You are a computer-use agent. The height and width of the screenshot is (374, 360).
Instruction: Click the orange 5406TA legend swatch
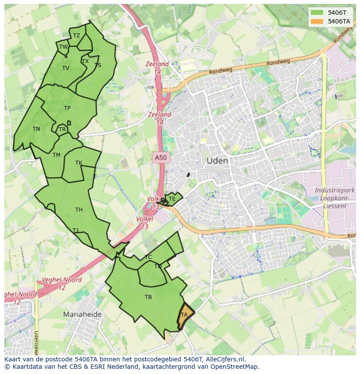click(x=317, y=21)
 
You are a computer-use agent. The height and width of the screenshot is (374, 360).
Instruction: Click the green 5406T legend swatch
click(x=317, y=13)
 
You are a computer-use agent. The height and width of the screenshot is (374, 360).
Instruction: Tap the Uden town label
click(x=217, y=161)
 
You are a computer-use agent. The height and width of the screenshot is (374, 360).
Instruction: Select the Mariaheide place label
click(x=82, y=314)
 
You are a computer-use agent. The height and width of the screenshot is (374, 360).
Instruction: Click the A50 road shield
click(x=161, y=158)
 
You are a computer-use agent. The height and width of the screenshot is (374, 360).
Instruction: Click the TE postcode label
click(x=172, y=199)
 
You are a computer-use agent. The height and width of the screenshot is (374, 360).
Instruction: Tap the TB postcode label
click(x=148, y=297)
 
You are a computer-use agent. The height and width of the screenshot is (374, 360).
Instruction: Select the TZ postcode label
click(x=77, y=36)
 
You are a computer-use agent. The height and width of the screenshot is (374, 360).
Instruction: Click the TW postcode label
click(x=63, y=47)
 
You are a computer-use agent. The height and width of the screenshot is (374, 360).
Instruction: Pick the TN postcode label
click(x=36, y=129)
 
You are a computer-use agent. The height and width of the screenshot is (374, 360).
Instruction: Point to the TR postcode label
click(x=62, y=129)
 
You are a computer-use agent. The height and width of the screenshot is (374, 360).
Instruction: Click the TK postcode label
click(x=79, y=163)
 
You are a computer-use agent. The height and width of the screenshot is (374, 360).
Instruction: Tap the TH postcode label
click(x=79, y=210)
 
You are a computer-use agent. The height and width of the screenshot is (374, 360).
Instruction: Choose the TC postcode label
click(x=148, y=257)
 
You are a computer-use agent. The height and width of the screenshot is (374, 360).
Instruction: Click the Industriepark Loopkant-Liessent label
click(x=334, y=198)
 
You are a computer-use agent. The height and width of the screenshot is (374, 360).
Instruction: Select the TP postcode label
click(x=67, y=108)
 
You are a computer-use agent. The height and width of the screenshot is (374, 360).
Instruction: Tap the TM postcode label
click(x=57, y=155)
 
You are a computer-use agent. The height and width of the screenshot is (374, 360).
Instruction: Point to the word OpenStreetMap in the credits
click(x=235, y=367)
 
